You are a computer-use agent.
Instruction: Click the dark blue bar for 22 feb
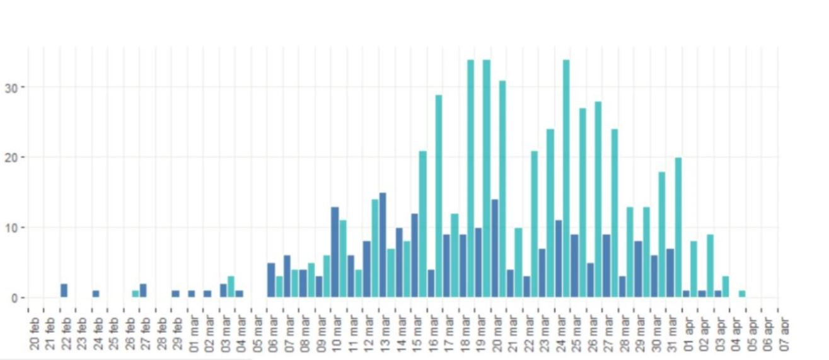64,291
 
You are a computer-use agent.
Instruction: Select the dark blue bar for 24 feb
96,294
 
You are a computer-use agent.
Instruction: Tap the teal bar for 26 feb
136,294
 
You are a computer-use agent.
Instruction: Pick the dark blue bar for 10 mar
335,252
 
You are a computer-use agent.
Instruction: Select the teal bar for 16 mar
438,196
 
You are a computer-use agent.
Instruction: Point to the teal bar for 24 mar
566,178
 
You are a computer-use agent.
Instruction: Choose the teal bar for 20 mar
502,189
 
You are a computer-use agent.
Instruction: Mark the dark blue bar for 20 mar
494,248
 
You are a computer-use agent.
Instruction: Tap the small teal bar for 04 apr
742,294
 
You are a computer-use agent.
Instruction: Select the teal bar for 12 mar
375,248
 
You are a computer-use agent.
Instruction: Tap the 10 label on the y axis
14,228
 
